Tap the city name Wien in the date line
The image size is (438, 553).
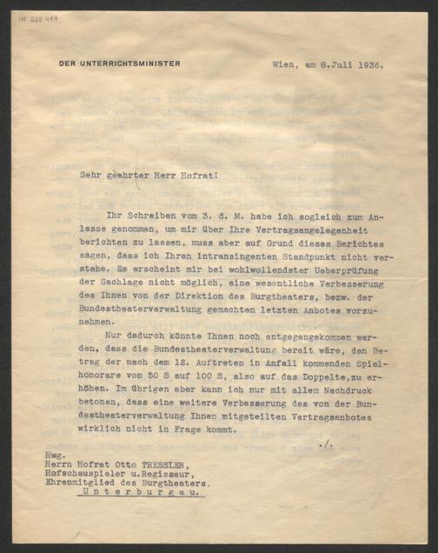tap(285, 63)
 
